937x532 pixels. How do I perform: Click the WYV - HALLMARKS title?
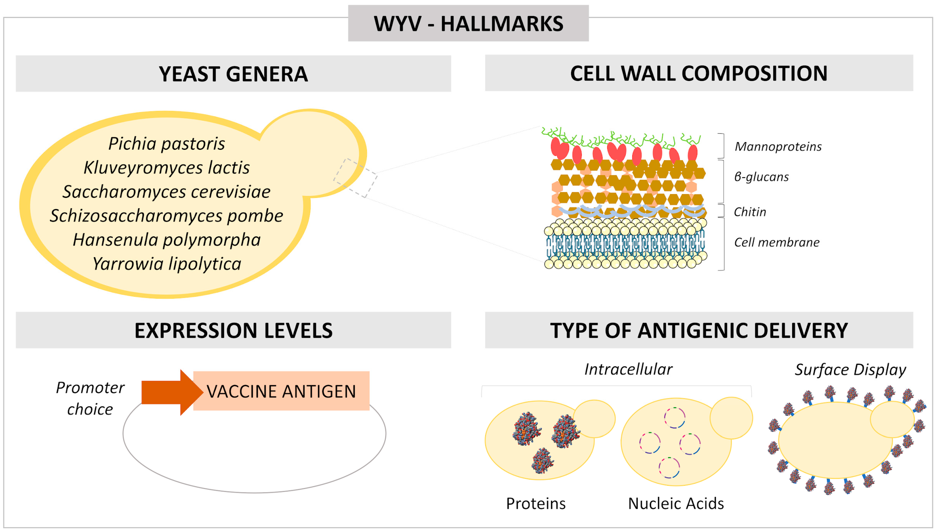click(468, 24)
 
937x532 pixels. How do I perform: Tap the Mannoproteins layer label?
click(778, 147)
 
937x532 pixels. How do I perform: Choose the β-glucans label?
click(761, 177)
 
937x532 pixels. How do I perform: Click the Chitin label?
click(750, 212)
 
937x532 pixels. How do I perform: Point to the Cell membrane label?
click(776, 242)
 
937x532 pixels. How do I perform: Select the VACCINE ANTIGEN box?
click(281, 391)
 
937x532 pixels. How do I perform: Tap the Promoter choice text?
click(90, 398)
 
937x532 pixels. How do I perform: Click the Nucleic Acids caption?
click(676, 504)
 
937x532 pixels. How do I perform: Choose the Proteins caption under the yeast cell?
click(536, 504)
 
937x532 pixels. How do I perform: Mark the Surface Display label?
click(850, 370)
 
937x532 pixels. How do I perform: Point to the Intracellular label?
click(628, 369)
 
